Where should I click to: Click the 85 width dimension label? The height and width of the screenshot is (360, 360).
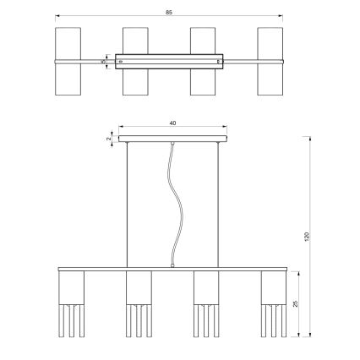pyautogui.click(x=172, y=11)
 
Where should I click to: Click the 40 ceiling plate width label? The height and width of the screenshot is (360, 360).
pyautogui.click(x=172, y=123)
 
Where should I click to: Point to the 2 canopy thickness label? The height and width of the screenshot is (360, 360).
pyautogui.click(x=109, y=137)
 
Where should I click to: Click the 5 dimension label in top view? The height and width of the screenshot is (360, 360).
pyautogui.click(x=103, y=61)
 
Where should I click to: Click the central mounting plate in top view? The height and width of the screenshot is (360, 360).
pyautogui.click(x=170, y=62)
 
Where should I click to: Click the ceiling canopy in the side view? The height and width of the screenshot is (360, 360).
pyautogui.click(x=173, y=138)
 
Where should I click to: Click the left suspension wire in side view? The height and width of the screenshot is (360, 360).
pyautogui.click(x=128, y=203)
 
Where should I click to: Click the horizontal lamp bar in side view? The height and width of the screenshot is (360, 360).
pyautogui.click(x=172, y=269)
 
